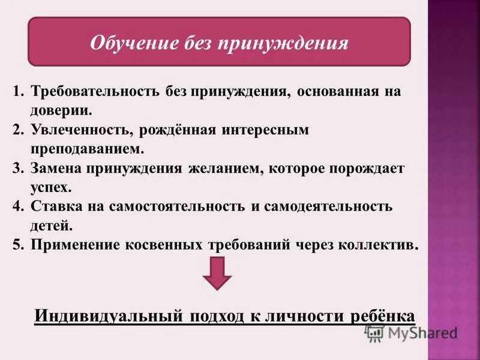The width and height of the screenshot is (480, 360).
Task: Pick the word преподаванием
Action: [x=88, y=148]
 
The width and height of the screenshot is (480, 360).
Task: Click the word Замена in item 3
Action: [x=56, y=168]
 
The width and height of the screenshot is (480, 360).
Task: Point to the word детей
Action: [x=50, y=226]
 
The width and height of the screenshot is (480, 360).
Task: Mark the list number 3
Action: [x=17, y=168]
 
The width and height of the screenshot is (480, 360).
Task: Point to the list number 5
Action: [x=17, y=245]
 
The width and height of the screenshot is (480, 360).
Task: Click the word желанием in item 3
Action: [x=222, y=168]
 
